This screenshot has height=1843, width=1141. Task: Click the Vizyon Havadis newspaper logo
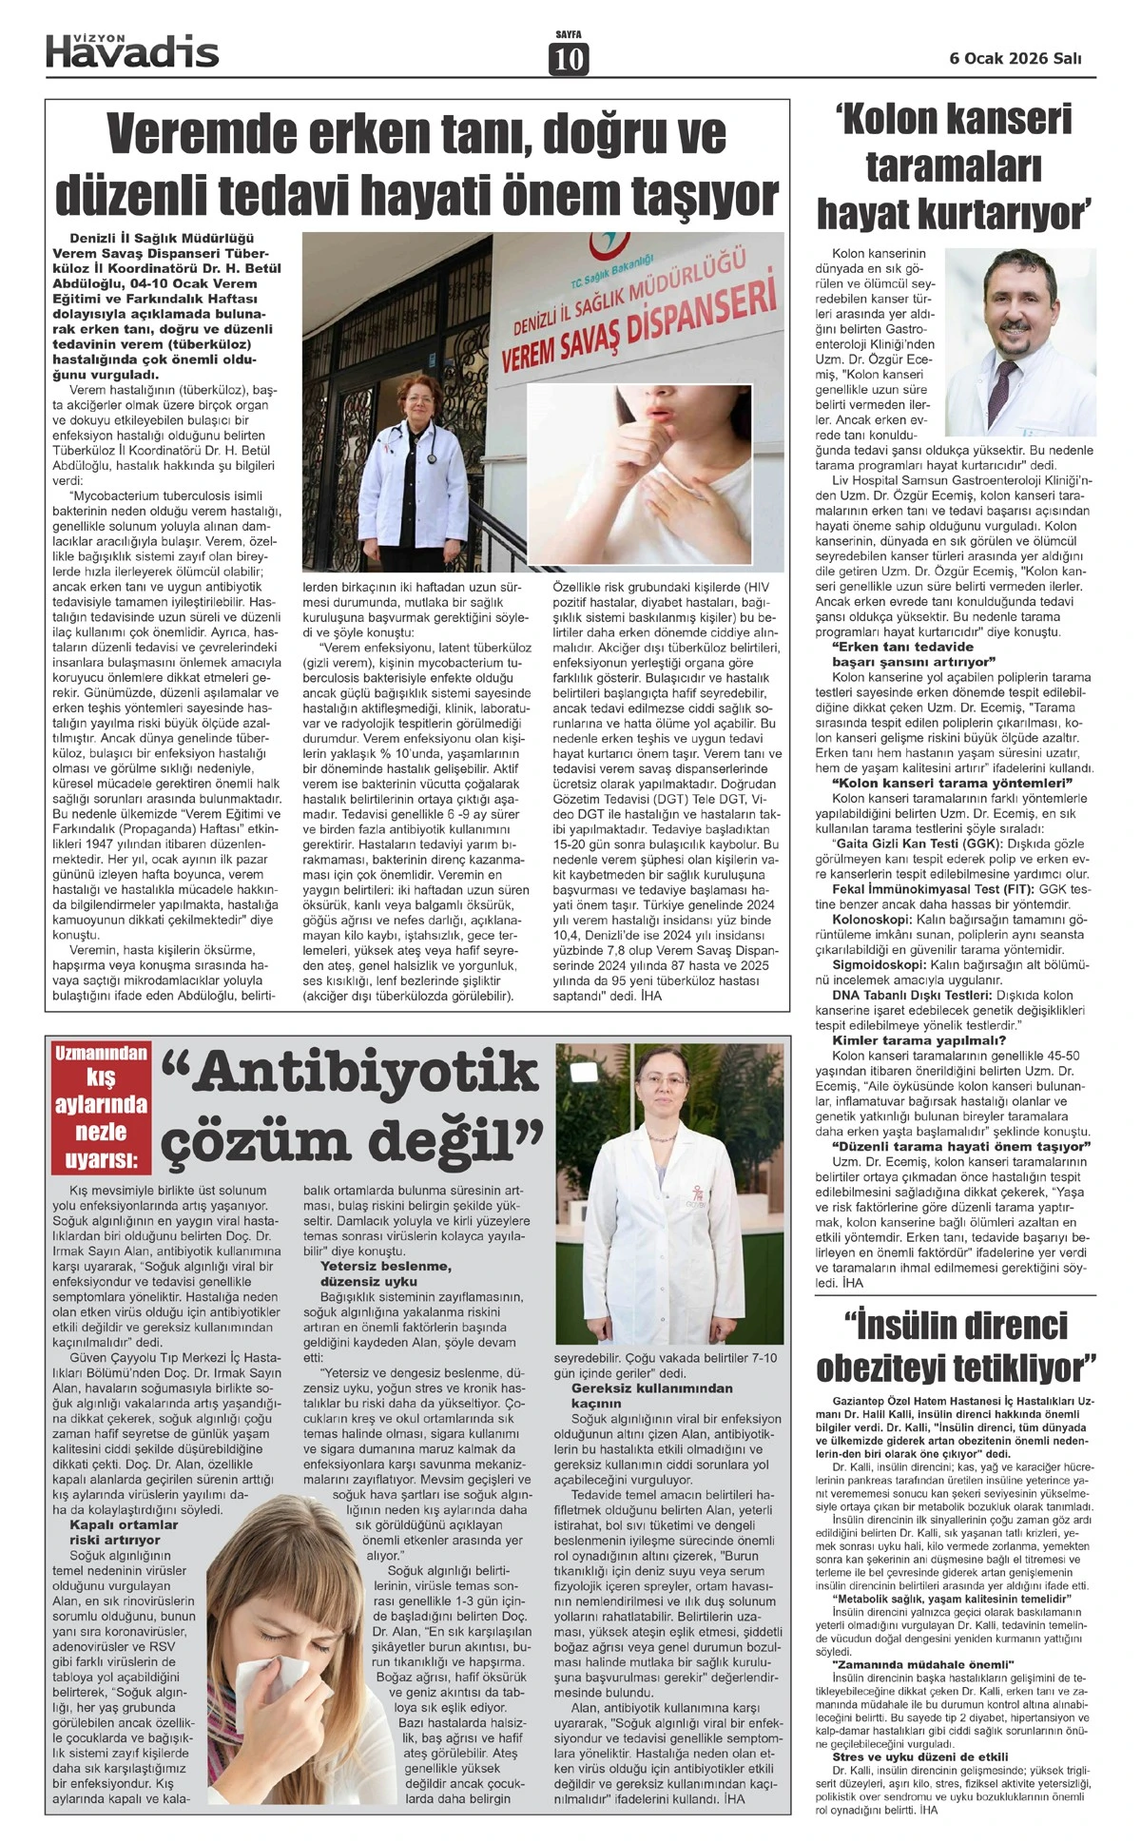[132, 50]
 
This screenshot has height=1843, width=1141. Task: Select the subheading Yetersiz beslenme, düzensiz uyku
[373, 1274]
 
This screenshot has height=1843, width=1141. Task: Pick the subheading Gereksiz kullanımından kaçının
[652, 1396]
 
